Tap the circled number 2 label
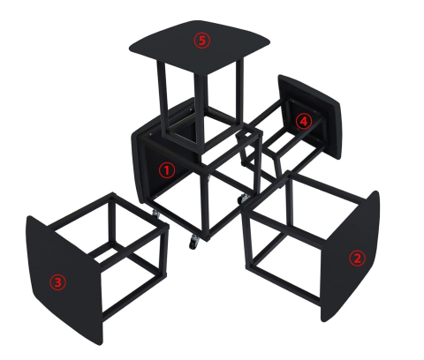tap(357, 259)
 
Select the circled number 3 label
tap(58, 282)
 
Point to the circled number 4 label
tap(303, 122)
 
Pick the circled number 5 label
tap(203, 40)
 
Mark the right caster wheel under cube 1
tap(241, 200)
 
